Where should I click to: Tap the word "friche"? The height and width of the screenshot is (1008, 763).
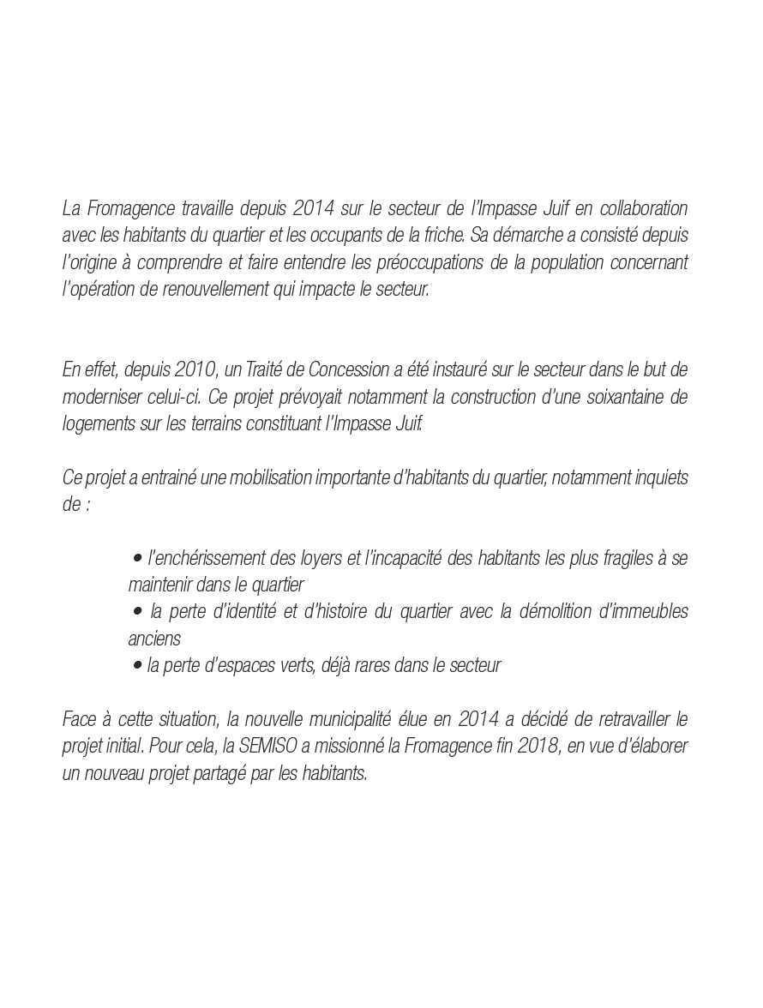click(x=442, y=236)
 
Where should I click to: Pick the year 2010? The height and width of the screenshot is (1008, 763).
click(x=196, y=370)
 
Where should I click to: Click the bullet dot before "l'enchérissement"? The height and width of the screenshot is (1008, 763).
click(x=137, y=559)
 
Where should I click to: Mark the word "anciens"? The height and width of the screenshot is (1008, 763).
click(x=154, y=639)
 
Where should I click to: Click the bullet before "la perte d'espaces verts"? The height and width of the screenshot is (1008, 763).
click(x=137, y=666)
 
